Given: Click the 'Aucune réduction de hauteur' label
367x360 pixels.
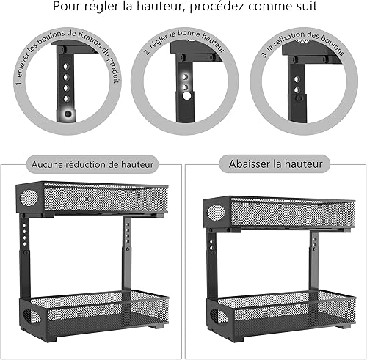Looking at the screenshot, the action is (x=92, y=164).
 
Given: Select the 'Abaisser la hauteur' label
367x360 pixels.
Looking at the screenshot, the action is (x=275, y=164).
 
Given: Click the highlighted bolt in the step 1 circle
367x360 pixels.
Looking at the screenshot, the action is (x=68, y=114).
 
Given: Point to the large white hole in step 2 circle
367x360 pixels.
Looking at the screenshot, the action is (x=187, y=95).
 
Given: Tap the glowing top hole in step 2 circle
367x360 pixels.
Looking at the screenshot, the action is (x=185, y=77).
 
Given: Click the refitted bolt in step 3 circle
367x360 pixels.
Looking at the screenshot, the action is (x=299, y=98).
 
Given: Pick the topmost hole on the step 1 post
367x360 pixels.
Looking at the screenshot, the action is (x=66, y=66).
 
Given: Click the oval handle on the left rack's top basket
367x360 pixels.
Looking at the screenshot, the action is (x=29, y=198).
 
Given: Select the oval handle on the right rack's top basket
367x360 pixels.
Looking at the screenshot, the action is (x=216, y=212).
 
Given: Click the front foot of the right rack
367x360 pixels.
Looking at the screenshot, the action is (x=236, y=338).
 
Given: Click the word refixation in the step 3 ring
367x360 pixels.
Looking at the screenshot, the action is (x=288, y=40).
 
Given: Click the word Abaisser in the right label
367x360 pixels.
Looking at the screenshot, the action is (x=248, y=164).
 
